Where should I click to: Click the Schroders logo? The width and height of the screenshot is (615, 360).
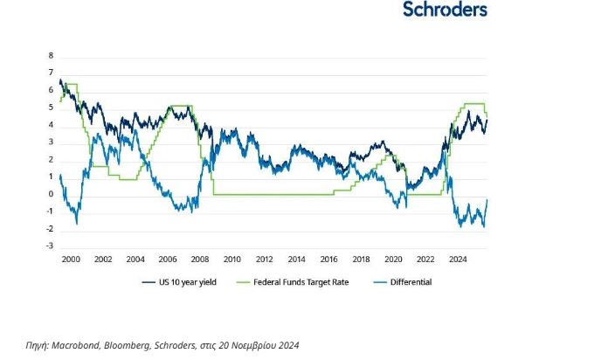(445, 10)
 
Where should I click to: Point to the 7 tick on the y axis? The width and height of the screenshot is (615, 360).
(52, 73)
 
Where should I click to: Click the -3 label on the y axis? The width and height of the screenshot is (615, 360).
(50, 246)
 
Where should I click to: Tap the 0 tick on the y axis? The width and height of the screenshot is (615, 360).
(52, 194)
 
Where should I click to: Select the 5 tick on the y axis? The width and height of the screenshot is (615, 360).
(52, 107)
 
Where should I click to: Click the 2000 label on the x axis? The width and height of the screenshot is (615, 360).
(70, 260)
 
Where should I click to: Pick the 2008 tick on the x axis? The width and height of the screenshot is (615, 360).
(199, 260)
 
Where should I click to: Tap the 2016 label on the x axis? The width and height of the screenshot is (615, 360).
(328, 260)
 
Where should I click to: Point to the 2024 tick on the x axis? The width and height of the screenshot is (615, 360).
(458, 260)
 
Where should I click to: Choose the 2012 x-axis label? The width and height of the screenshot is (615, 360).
(264, 260)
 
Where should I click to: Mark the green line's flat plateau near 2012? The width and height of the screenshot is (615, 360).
(264, 194)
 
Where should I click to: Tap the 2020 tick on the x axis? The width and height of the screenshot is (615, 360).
(393, 260)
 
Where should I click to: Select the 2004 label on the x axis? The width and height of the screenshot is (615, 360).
(135, 260)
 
